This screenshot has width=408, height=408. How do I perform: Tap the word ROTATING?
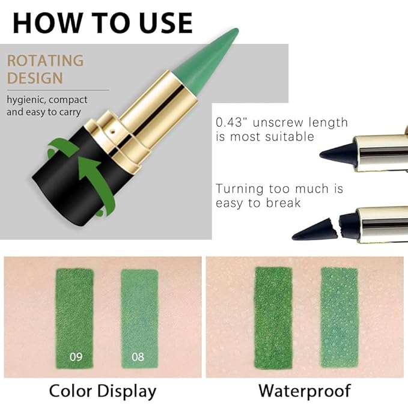click(45, 61)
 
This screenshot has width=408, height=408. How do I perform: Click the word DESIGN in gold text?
click(35, 78)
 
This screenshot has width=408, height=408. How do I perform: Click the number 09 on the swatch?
click(76, 356)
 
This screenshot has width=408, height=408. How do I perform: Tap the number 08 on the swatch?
click(138, 356)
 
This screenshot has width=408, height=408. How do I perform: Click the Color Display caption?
click(102, 391)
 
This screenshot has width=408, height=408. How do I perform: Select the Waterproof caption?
click(305, 391)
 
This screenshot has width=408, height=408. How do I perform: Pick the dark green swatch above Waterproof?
click(273, 318)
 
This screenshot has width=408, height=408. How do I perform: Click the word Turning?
click(240, 189)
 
